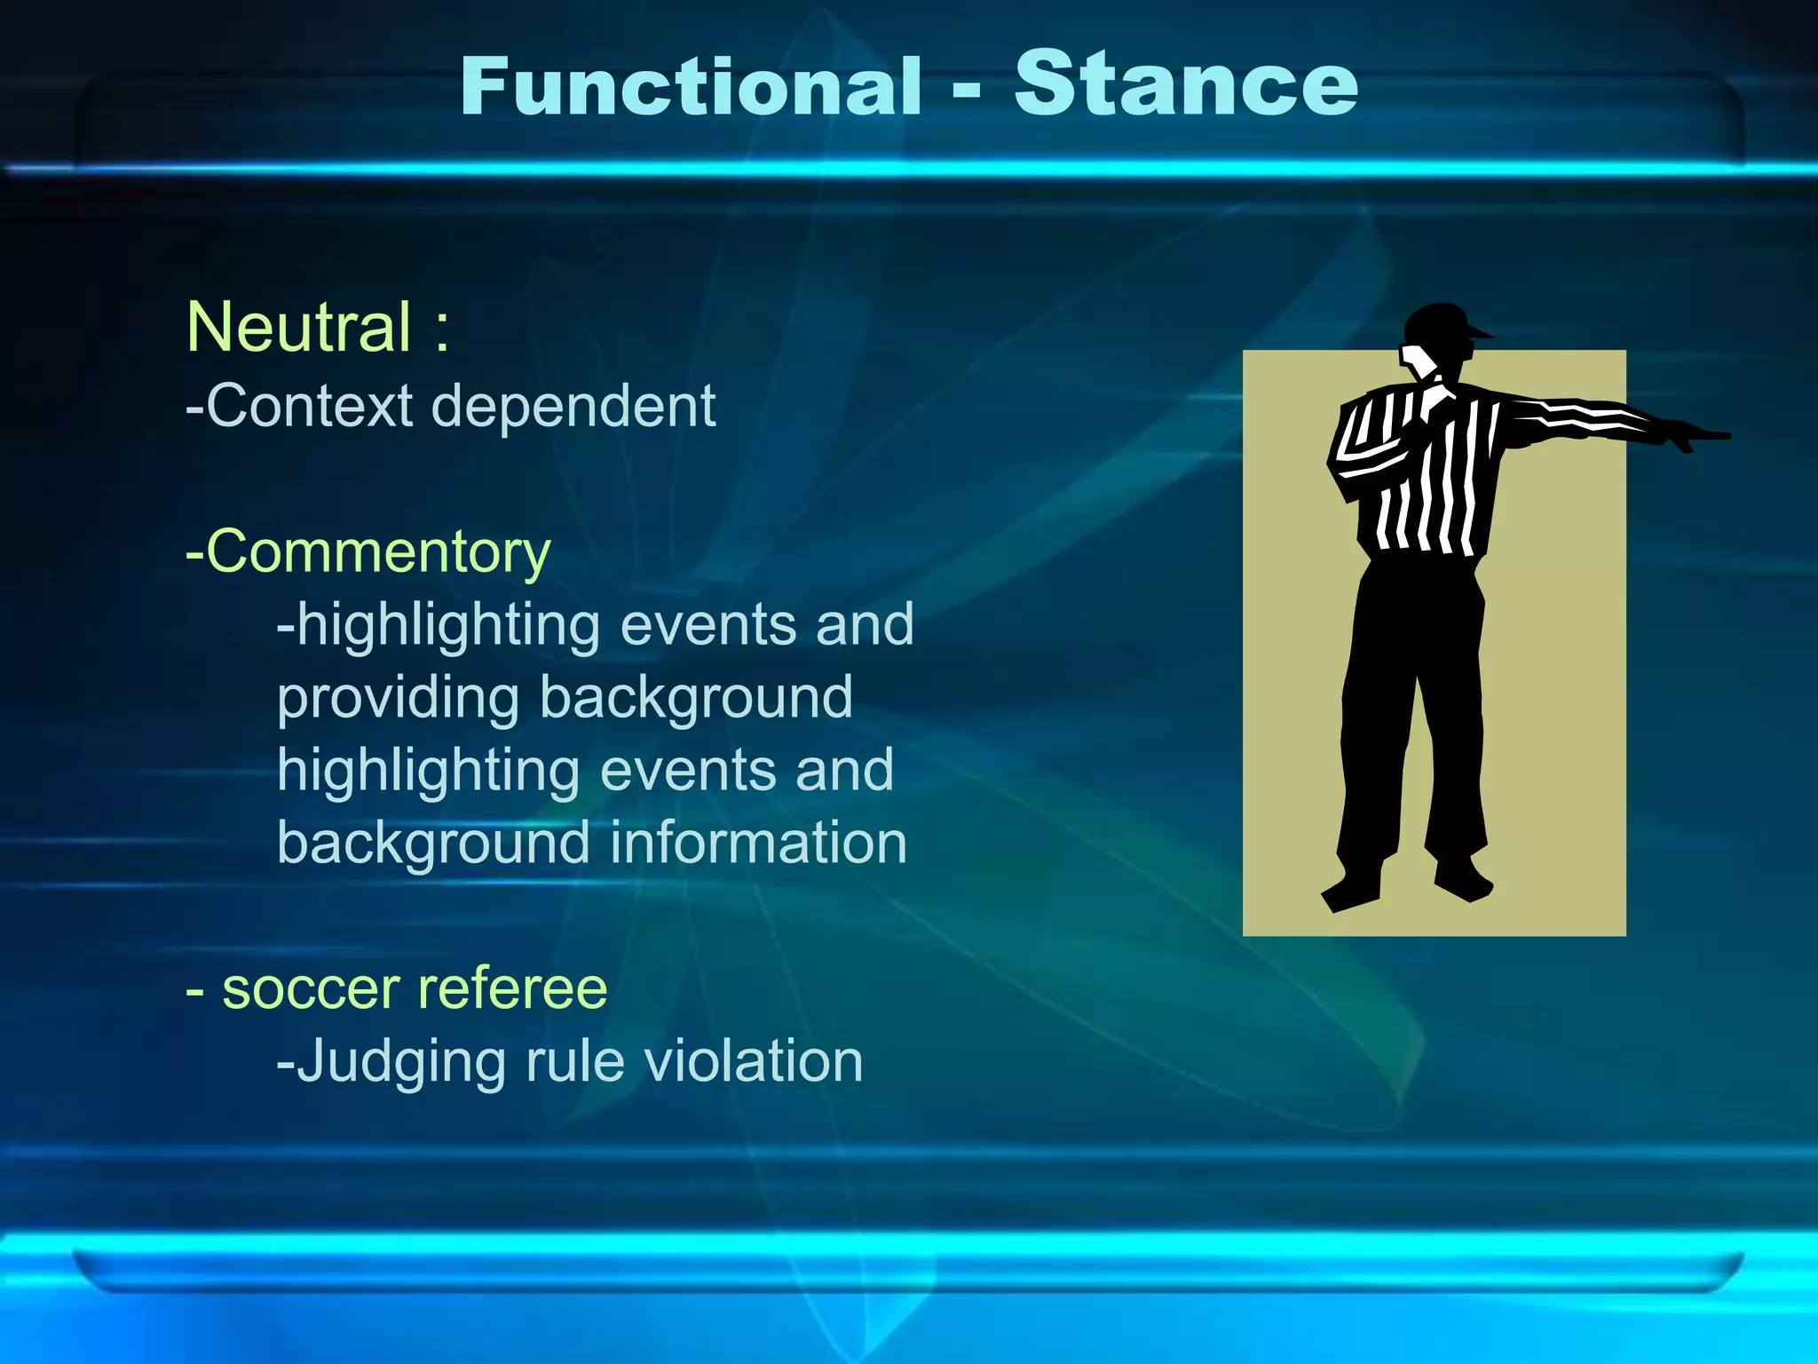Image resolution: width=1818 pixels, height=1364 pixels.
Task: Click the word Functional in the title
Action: point(692,86)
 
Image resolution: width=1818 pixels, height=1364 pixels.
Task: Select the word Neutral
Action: point(299,327)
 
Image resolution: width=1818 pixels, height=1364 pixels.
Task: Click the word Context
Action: point(310,406)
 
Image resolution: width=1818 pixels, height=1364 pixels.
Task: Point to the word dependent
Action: point(573,406)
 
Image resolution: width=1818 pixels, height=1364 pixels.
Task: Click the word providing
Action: point(397,698)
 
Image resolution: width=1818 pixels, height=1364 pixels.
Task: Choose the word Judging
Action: point(400,1062)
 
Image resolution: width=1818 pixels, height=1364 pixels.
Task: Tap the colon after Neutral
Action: point(442,329)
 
